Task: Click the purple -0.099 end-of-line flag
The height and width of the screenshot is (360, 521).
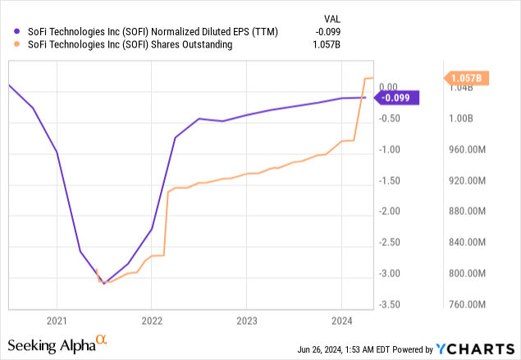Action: click(x=397, y=98)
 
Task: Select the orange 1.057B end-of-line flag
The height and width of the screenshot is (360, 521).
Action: click(x=467, y=78)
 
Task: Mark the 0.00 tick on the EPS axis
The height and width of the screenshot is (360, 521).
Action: click(x=388, y=87)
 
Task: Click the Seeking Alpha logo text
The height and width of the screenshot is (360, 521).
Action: click(x=57, y=344)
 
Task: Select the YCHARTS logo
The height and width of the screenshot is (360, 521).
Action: click(x=480, y=347)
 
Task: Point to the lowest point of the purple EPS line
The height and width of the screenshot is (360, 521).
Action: click(x=103, y=284)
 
